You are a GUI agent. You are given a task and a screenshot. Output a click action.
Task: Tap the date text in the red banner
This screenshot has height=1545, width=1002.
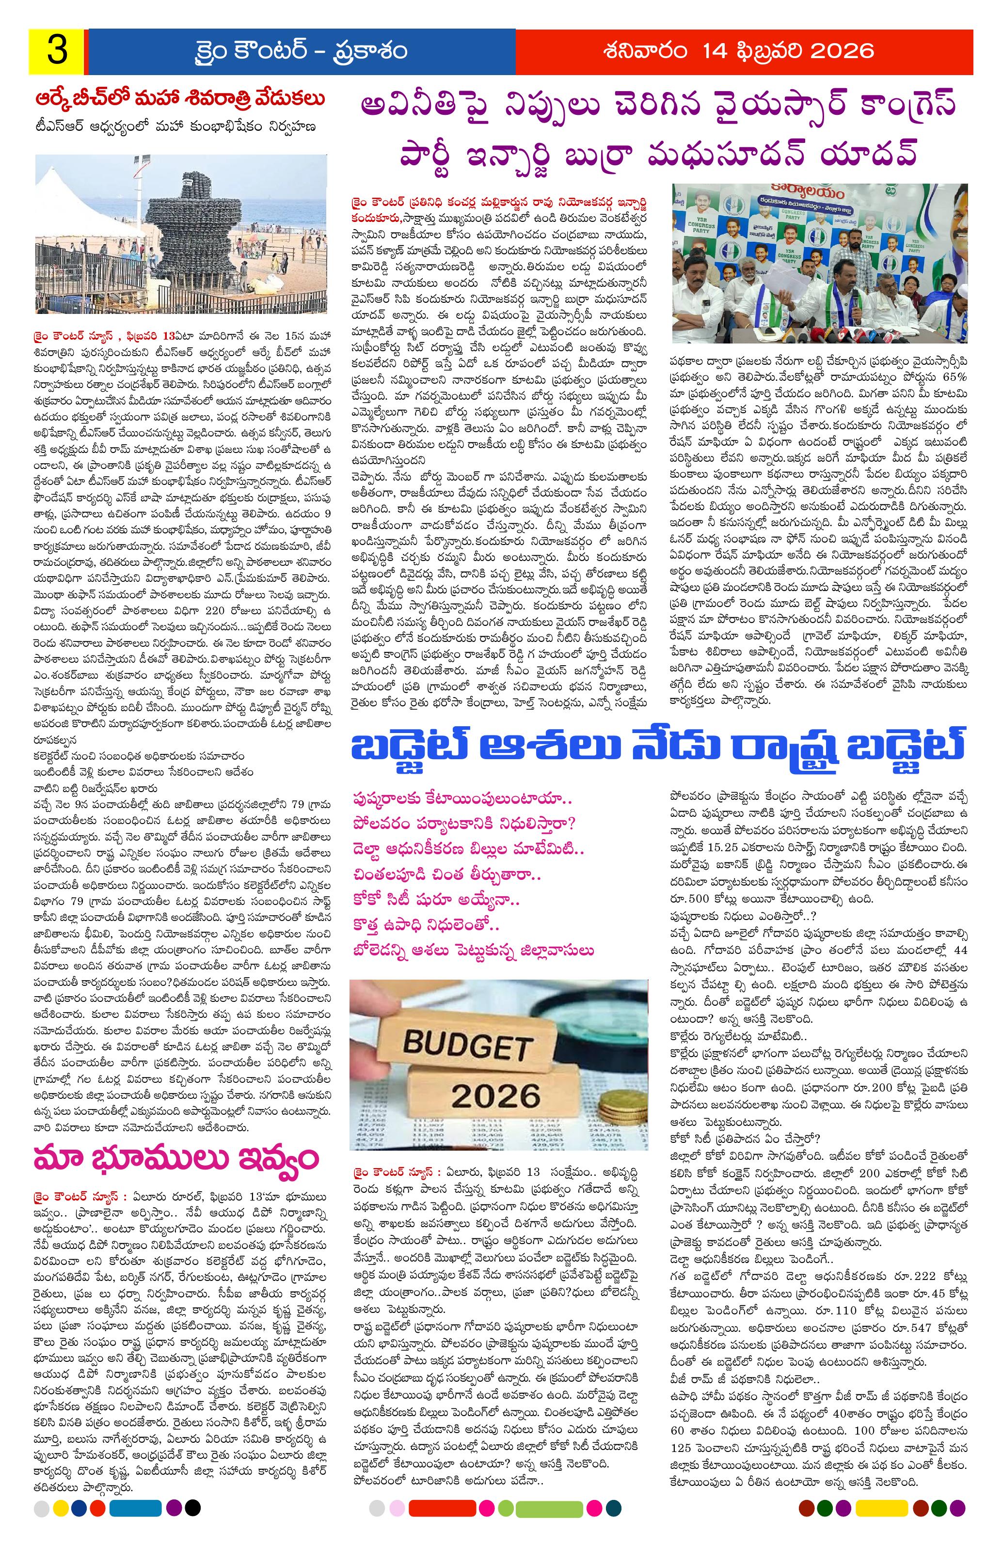pos(744,51)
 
